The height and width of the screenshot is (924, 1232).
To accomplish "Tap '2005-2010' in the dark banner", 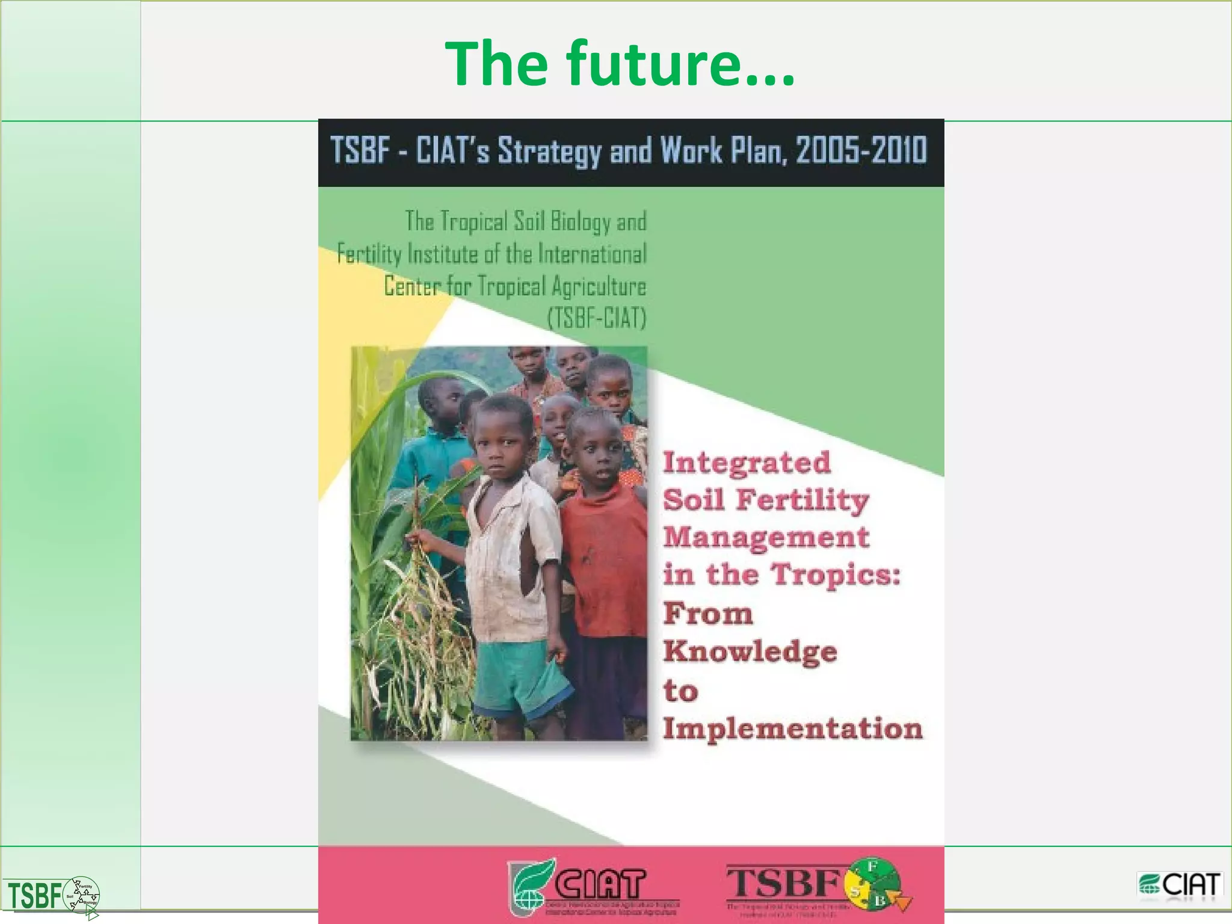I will click(861, 150).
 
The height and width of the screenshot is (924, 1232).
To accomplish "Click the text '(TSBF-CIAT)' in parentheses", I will click(596, 318).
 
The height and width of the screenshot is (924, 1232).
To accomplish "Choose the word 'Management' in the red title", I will click(766, 538).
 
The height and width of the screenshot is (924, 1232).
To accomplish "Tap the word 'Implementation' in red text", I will click(792, 728).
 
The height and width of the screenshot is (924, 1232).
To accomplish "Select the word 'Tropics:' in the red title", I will click(836, 574).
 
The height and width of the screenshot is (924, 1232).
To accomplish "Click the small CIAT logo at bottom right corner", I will click(1180, 885).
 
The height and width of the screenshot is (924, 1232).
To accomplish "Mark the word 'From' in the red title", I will click(708, 614).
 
